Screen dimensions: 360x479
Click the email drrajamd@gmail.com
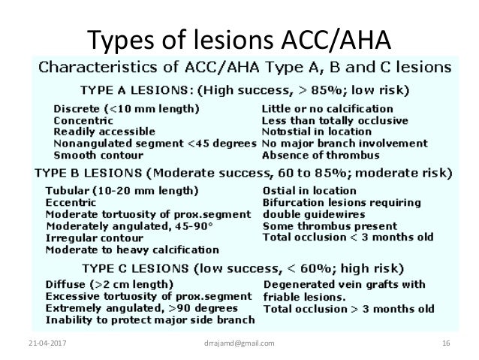(x=239, y=343)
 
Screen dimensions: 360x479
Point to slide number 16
(x=446, y=343)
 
